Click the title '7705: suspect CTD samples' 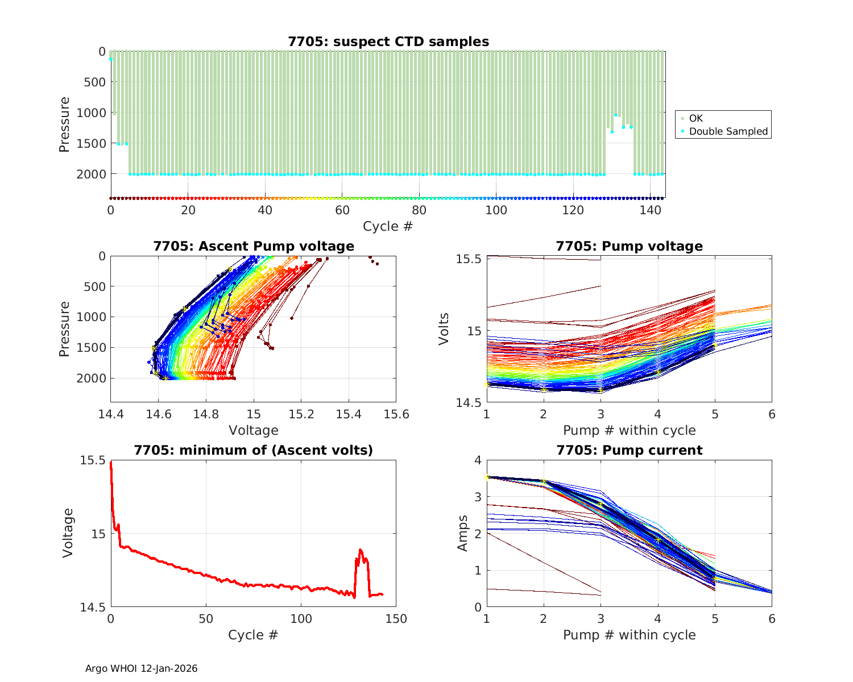pyautogui.click(x=388, y=41)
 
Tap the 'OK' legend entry pyautogui.click(x=695, y=118)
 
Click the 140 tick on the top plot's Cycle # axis pyautogui.click(x=650, y=210)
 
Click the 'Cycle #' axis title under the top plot pyautogui.click(x=388, y=226)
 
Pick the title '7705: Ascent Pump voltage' pyautogui.click(x=253, y=246)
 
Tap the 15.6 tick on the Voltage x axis pyautogui.click(x=396, y=414)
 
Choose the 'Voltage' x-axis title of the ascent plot pyautogui.click(x=253, y=430)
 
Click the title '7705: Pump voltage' pyautogui.click(x=629, y=246)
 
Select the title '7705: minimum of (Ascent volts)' pyautogui.click(x=253, y=450)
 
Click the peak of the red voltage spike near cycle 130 pyautogui.click(x=361, y=550)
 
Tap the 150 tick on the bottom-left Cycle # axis pyautogui.click(x=396, y=619)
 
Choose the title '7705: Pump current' pyautogui.click(x=629, y=450)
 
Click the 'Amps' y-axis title pyautogui.click(x=463, y=533)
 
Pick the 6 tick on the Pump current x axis pyautogui.click(x=772, y=619)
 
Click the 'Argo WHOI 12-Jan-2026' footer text pyautogui.click(x=141, y=668)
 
